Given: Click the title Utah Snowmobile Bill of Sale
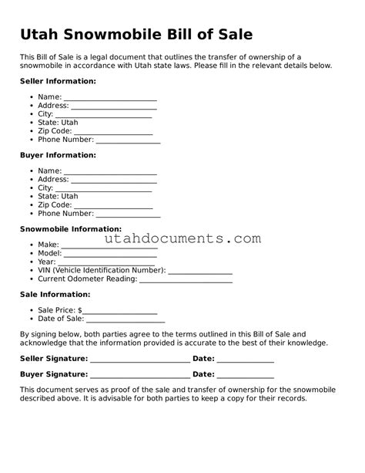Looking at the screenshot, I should click(136, 35).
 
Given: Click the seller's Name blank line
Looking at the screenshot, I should click(110, 99).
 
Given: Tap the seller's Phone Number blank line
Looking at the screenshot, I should click(128, 142).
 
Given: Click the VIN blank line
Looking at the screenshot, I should click(199, 272).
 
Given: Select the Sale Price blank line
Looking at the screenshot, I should click(120, 312).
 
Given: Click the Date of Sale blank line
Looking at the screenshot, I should click(126, 320).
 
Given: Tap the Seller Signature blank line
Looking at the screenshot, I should click(140, 360).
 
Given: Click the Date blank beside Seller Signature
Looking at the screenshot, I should click(245, 360).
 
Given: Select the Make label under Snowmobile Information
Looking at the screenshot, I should click(48, 245).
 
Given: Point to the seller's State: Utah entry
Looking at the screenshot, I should click(58, 123).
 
